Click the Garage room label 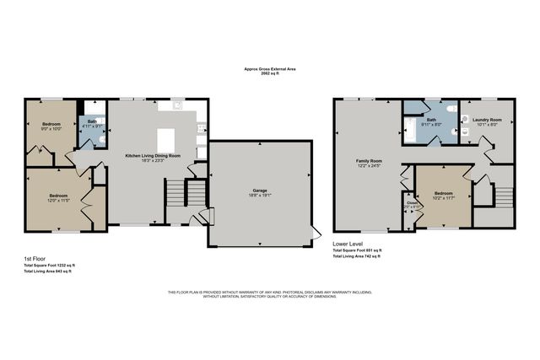click(x=258, y=190)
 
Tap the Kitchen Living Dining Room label click(x=153, y=156)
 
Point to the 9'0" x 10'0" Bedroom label click(x=52, y=124)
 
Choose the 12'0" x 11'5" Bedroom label click(x=58, y=197)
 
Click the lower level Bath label click(x=431, y=121)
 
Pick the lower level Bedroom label click(x=443, y=193)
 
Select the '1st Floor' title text click(x=35, y=259)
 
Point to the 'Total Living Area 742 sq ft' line click(x=357, y=257)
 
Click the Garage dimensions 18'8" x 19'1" click(x=258, y=195)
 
